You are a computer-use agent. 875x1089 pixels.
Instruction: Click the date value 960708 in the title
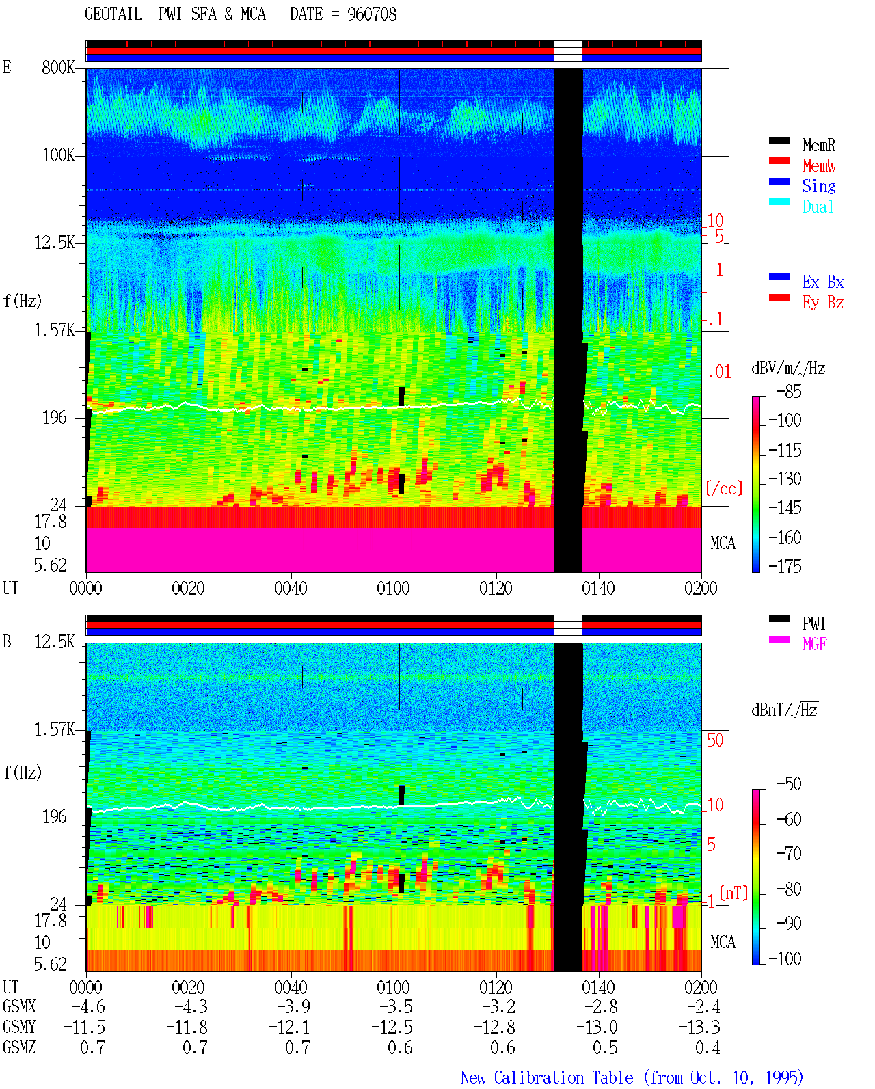372,14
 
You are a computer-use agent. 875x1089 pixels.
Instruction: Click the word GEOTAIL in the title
113,14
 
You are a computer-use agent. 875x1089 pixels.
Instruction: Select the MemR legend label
819,145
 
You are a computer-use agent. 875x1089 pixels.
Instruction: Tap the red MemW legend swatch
779,161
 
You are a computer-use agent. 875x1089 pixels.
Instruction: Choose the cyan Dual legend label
818,206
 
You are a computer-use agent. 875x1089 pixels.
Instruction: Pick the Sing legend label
819,186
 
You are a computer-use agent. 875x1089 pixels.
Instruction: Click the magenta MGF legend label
814,644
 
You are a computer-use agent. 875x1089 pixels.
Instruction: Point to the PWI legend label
814,623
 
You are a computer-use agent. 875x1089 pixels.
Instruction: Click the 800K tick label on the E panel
58,67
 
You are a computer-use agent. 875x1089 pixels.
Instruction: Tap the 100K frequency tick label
58,155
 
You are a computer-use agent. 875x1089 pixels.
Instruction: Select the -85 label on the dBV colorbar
789,391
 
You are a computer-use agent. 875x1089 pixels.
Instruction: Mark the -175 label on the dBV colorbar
785,566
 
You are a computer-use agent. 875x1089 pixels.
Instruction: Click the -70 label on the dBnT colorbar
789,854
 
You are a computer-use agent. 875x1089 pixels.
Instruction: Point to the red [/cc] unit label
724,488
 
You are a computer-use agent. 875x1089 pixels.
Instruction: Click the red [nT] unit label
733,892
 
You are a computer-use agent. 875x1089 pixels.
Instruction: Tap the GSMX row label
19,1006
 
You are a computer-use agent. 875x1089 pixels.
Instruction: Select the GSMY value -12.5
392,1027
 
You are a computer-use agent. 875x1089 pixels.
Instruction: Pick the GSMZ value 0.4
708,1047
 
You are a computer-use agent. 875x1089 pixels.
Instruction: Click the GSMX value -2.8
601,1006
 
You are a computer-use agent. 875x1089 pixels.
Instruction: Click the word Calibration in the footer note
564,1077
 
